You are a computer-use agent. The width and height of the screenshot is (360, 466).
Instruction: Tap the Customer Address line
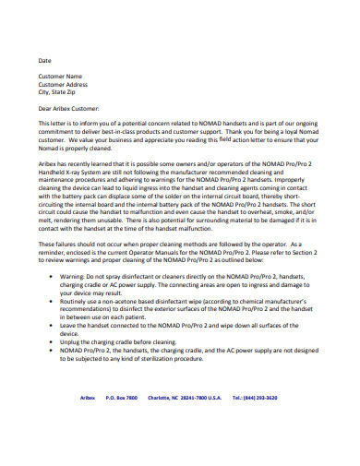63,84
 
